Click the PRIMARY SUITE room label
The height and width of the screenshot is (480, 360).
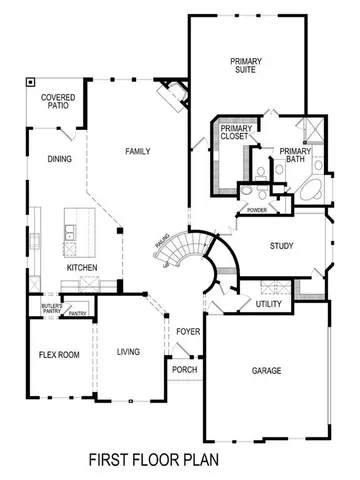(x=245, y=66)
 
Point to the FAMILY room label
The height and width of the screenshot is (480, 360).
(x=138, y=151)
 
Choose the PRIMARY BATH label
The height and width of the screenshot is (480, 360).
(x=296, y=155)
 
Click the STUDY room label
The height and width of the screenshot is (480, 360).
(x=281, y=245)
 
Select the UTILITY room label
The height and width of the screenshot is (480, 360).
(x=268, y=303)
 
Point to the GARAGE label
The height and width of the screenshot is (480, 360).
(x=265, y=371)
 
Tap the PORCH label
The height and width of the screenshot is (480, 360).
(x=184, y=369)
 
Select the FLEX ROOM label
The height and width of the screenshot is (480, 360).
(x=59, y=355)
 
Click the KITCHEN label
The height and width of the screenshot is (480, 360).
(x=82, y=268)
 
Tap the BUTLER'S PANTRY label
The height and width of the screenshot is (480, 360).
(x=52, y=309)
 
